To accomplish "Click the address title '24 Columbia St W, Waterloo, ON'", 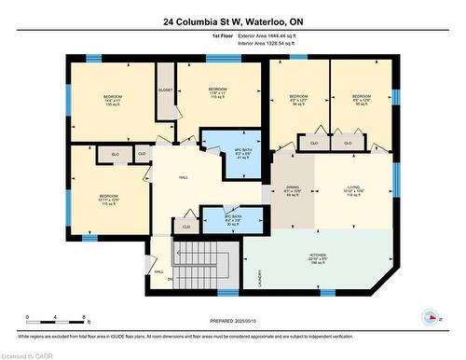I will click(233, 20).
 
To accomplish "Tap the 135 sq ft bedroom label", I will click(112, 100).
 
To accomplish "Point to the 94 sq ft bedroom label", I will click(298, 101).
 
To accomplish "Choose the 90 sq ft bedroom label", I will click(361, 101).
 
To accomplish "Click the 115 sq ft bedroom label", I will click(109, 200).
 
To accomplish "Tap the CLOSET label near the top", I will click(165, 90).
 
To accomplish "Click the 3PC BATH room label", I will click(220, 220).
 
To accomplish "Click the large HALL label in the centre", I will click(185, 177).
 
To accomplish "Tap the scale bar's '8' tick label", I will click(86, 318).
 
